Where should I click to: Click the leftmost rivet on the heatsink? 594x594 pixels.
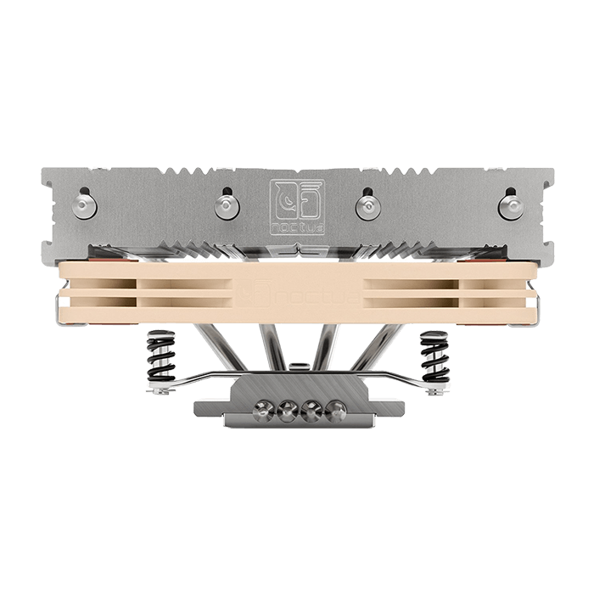(x=85, y=206)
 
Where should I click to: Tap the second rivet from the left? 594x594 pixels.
(x=227, y=206)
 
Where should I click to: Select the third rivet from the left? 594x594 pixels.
(x=368, y=206)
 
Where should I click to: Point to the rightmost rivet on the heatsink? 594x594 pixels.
(x=512, y=206)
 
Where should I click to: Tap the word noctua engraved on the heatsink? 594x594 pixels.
(x=297, y=228)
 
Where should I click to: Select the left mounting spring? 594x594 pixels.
(x=161, y=356)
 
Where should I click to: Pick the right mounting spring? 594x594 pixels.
(x=434, y=356)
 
